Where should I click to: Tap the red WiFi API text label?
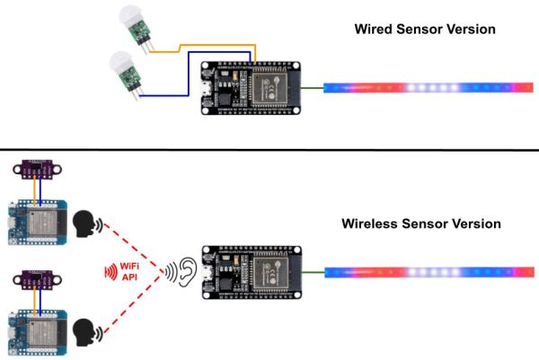129,271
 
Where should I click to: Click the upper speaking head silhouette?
84,224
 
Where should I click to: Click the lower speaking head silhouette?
84,332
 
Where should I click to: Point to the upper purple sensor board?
37,169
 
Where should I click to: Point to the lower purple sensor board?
37,279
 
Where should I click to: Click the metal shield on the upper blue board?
42,222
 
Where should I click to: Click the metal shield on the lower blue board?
42,332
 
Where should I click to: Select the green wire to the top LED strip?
312,88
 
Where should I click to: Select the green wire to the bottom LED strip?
314,272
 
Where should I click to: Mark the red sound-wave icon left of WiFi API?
111,272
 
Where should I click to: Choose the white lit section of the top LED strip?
432,88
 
